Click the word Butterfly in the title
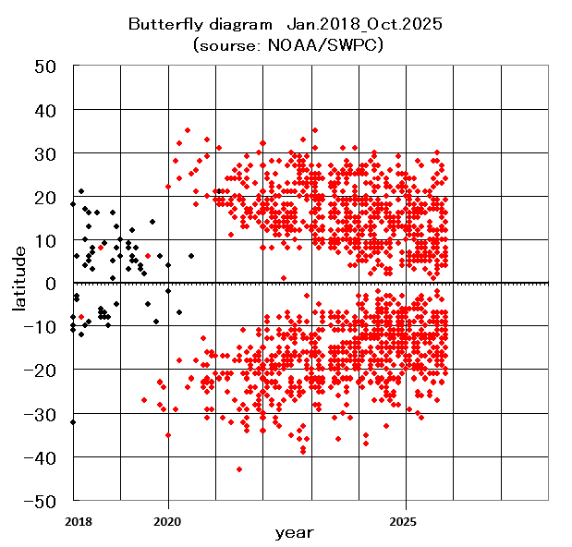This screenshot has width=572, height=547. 160,25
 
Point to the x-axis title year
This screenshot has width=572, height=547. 294,533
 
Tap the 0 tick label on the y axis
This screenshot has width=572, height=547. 52,284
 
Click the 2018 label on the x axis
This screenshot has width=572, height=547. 77,521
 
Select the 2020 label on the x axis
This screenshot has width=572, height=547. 168,521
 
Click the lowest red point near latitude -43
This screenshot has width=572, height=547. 239,469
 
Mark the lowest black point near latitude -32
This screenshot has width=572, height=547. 73,422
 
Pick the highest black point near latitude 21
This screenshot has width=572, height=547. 81,191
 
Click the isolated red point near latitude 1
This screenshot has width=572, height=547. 284,278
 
